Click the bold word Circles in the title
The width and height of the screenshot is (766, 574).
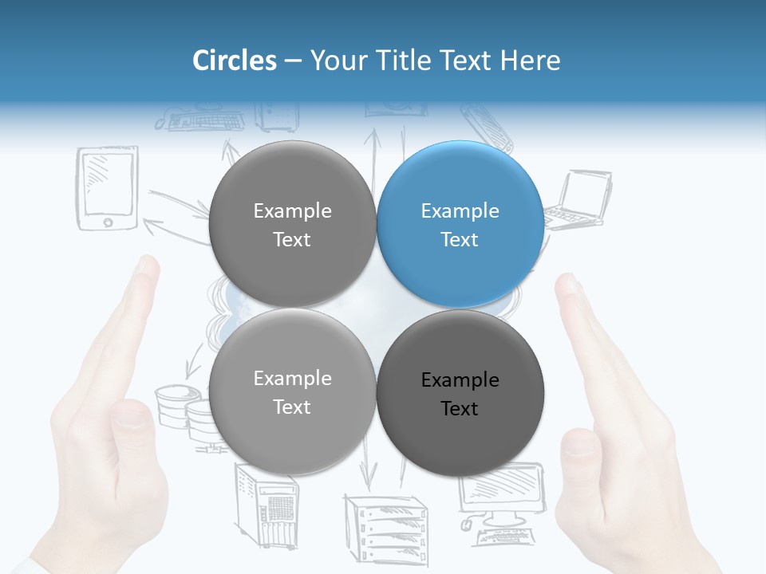point(234,61)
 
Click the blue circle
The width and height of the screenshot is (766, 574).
point(460,224)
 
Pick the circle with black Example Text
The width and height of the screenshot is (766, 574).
point(460,393)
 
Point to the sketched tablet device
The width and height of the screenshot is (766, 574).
point(108,188)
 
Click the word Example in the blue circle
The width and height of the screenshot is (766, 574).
point(460,211)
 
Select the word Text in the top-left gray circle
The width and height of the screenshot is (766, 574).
point(292,240)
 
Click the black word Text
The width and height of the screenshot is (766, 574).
point(460,409)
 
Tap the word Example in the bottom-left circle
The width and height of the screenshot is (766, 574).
point(292,379)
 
